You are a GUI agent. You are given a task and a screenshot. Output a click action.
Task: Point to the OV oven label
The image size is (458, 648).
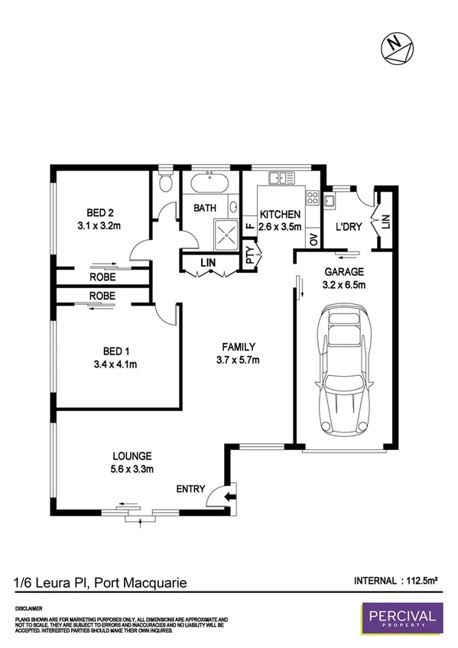(x=313, y=239)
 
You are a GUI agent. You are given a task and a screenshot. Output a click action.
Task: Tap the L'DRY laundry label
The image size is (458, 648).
(x=348, y=227)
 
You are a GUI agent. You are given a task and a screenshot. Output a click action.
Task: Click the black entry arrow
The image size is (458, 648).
(x=229, y=497)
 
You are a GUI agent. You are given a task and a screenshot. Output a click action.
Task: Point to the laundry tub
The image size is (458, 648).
(x=330, y=202)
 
